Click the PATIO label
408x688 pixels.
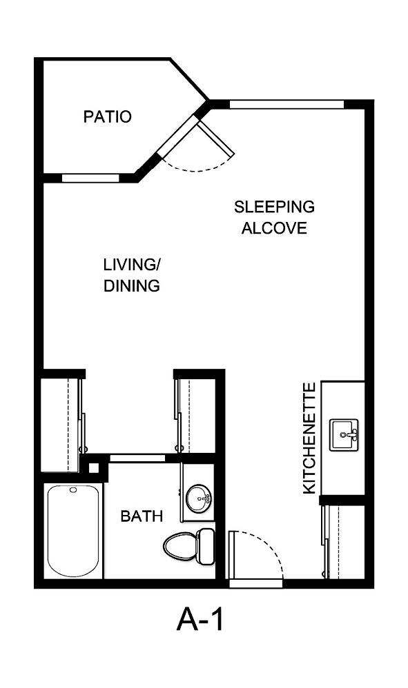[x=107, y=117]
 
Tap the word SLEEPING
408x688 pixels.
[x=274, y=206]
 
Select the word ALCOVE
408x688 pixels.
[x=274, y=228]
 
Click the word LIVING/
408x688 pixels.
[x=132, y=264]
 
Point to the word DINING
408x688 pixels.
[x=132, y=285]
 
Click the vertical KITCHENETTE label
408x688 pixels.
[x=309, y=438]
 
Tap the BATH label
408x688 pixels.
[x=142, y=516]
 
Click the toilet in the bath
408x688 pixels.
[x=190, y=546]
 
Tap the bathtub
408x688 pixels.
[x=72, y=530]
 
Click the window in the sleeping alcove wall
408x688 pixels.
[x=286, y=105]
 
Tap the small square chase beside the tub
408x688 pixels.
[x=94, y=467]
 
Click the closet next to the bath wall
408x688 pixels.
[x=199, y=414]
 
